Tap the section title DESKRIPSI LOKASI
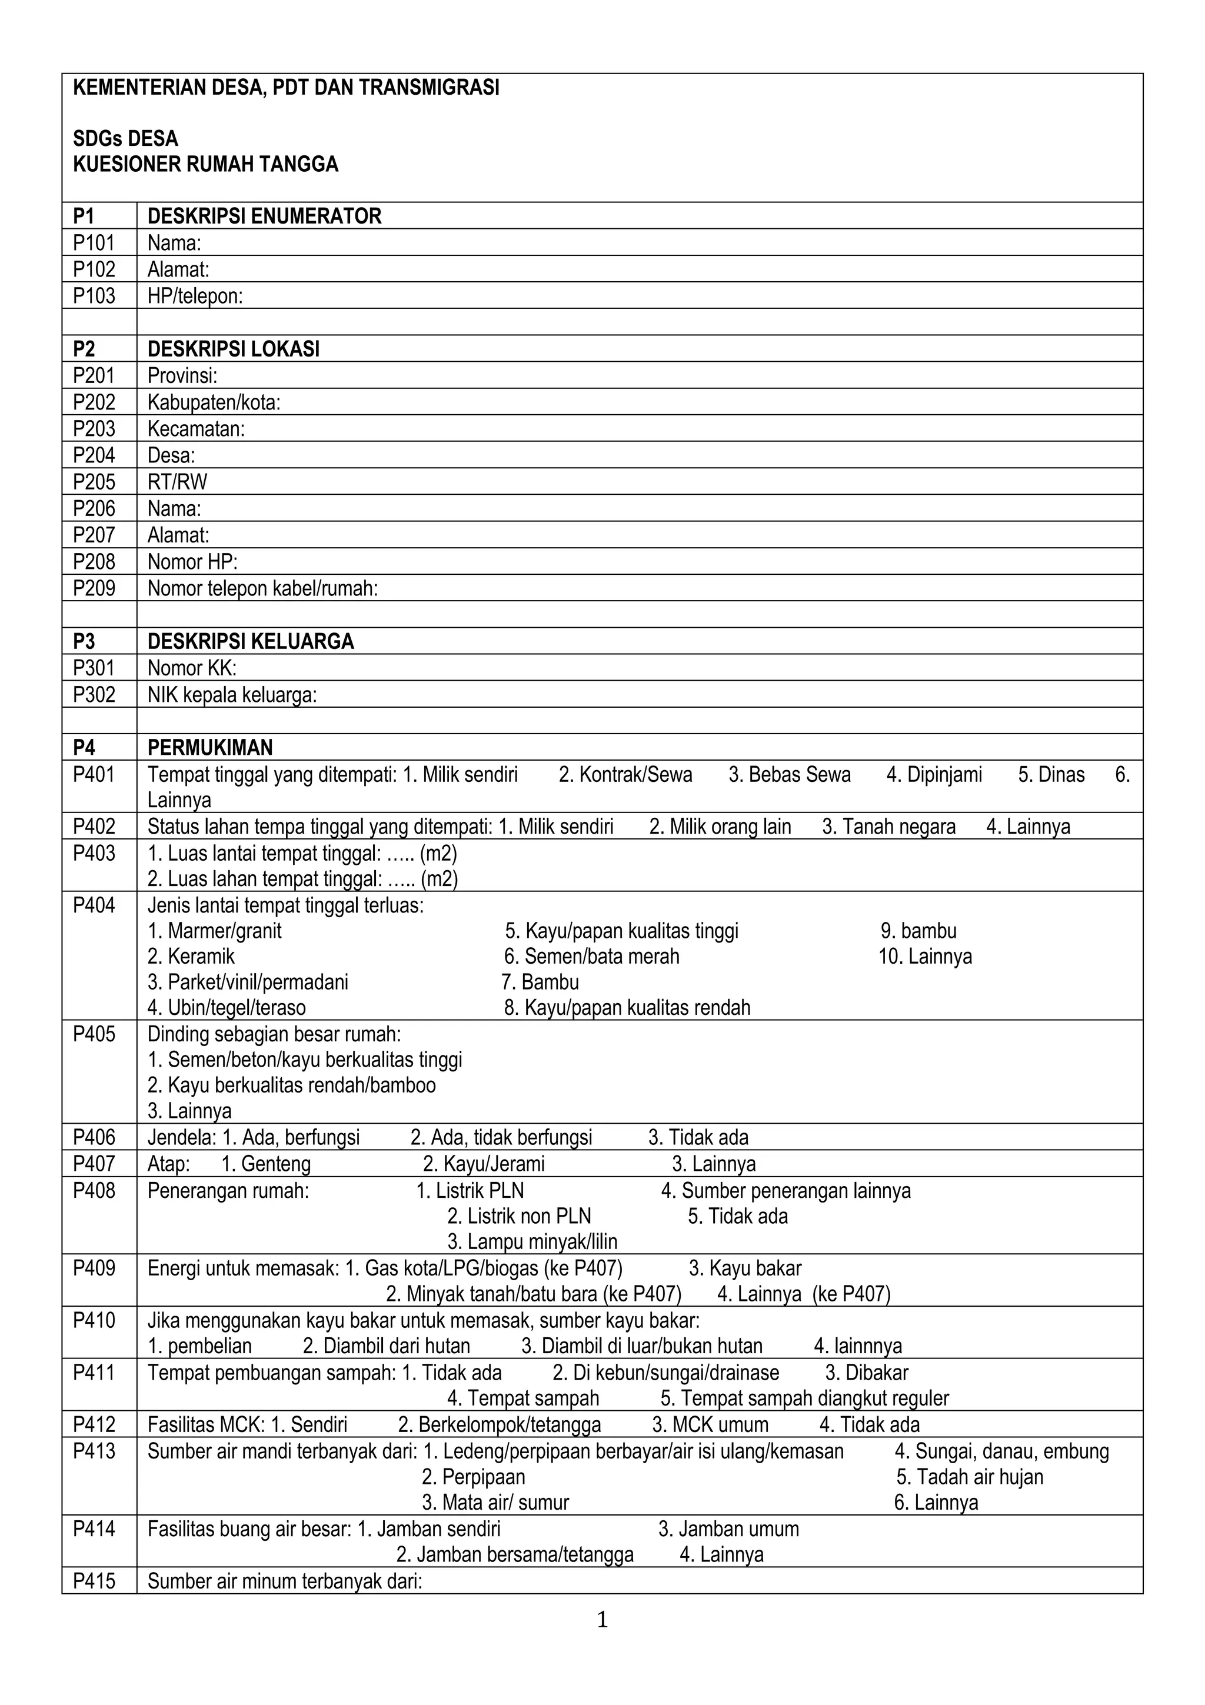(233, 349)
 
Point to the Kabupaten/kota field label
(214, 402)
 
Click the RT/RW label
(178, 482)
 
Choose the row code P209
(94, 588)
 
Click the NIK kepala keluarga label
(232, 695)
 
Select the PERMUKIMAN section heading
(210, 747)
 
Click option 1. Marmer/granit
(215, 931)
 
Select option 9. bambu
(918, 931)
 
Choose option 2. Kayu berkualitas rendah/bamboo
(291, 1085)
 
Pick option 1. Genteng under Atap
(266, 1164)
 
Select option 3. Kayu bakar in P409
(745, 1268)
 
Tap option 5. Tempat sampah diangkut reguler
(804, 1398)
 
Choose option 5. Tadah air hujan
(969, 1476)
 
